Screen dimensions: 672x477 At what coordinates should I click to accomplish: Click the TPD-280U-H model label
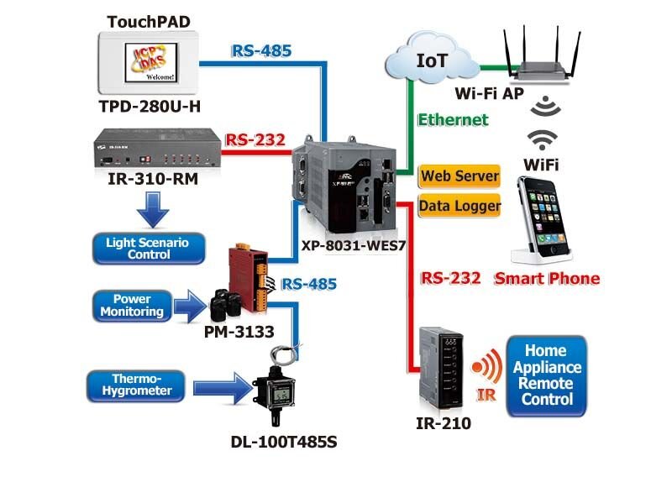[150, 107]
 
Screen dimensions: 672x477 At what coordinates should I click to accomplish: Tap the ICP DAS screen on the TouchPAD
[151, 63]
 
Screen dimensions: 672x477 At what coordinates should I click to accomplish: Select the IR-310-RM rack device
[157, 148]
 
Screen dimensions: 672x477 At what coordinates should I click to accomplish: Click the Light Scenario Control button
[149, 249]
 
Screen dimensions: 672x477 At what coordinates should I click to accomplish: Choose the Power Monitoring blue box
[132, 306]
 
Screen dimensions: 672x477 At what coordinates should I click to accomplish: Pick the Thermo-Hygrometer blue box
[136, 385]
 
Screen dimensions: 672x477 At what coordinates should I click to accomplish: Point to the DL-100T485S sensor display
[281, 396]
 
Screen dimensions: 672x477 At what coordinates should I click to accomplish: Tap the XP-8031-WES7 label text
[353, 245]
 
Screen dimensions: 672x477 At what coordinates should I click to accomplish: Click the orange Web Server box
[459, 176]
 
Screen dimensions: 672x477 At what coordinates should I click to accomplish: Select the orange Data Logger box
[459, 206]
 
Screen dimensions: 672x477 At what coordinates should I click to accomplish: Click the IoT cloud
[432, 58]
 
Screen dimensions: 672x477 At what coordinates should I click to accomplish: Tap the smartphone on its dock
[541, 220]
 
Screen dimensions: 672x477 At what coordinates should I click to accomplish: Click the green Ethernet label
[453, 120]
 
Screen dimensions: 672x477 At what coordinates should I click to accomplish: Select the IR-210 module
[441, 369]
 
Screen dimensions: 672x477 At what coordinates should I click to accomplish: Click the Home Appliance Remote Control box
[546, 375]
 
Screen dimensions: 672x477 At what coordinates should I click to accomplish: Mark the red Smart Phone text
[547, 279]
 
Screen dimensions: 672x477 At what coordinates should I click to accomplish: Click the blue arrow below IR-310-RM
[153, 210]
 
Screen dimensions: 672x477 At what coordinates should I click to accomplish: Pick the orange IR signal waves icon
[487, 366]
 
